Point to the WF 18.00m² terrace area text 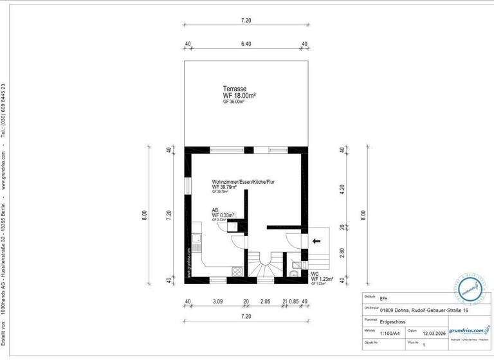(239, 95)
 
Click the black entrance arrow (315, 241)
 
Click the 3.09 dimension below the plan (217, 301)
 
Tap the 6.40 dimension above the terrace (246, 44)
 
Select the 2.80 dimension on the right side (342, 253)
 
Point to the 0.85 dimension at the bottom (294, 301)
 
